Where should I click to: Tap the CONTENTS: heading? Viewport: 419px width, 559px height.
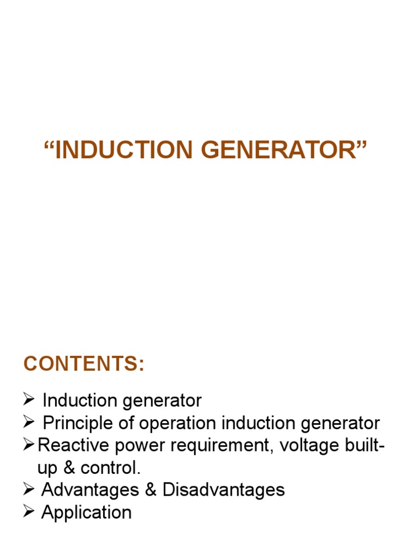(84, 364)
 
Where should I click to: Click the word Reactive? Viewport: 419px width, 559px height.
(73, 445)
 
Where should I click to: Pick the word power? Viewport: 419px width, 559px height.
(138, 445)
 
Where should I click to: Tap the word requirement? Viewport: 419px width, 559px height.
(222, 445)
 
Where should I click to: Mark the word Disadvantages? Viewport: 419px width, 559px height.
(223, 490)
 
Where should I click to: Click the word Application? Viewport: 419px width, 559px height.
(87, 512)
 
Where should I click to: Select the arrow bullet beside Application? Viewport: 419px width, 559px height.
(29, 512)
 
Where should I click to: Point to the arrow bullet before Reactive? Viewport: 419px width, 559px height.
(29, 445)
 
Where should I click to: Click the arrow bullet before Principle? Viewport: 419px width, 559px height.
(29, 423)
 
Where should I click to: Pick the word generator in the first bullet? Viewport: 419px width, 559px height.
(161, 401)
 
